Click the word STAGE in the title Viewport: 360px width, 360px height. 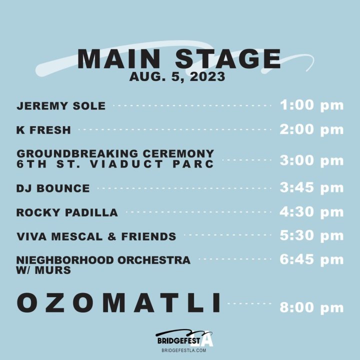pos(228,59)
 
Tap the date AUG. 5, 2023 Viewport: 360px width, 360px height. pos(177,77)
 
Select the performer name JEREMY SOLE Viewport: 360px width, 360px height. pos(61,106)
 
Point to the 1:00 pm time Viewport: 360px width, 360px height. pos(311,105)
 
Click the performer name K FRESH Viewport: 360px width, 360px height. pos(43,130)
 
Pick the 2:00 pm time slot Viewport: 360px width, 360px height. pos(311,129)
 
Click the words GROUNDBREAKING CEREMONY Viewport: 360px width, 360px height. pos(115,153)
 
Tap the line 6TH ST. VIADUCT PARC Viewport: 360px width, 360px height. pos(115,164)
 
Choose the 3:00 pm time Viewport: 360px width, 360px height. pos(311,160)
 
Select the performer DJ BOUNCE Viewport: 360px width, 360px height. pos(53,188)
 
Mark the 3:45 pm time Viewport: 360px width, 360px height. pos(311,187)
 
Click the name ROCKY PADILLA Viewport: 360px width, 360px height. pos(67,212)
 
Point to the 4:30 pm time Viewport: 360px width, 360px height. pos(311,212)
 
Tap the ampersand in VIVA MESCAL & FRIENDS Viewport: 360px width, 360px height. pos(112,236)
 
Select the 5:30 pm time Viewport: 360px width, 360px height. pos(311,235)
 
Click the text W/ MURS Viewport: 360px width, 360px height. pos(43,270)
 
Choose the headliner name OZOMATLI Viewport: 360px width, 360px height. pos(118,302)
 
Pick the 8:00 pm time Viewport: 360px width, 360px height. pos(311,307)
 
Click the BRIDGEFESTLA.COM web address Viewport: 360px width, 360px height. pos(183,350)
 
